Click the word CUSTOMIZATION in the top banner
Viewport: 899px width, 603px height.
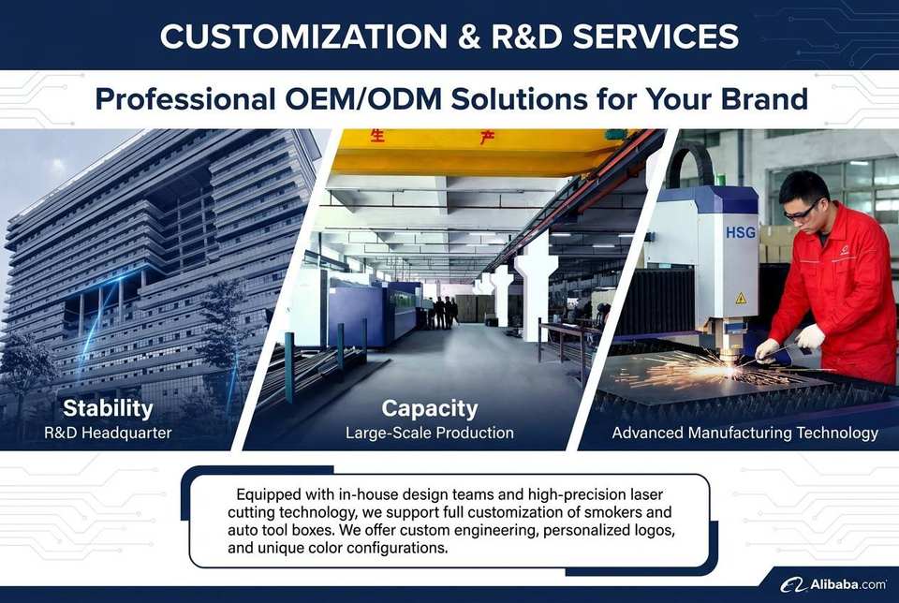click(x=303, y=37)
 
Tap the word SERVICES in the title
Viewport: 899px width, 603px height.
click(x=656, y=37)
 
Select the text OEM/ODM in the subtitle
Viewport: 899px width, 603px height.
click(x=363, y=98)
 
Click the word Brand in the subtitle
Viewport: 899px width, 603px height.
click(x=764, y=98)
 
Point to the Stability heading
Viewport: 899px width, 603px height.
click(x=108, y=408)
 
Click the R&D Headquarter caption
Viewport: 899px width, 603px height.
click(x=108, y=433)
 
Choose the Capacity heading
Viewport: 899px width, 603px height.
click(x=430, y=409)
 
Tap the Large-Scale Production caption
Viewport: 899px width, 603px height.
click(x=430, y=433)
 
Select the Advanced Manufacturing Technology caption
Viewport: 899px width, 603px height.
click(x=744, y=433)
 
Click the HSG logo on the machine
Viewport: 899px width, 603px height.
click(x=741, y=233)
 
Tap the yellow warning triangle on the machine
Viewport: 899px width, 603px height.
click(x=741, y=298)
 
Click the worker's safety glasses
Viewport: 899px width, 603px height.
click(x=802, y=212)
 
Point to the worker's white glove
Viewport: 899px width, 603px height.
click(x=809, y=337)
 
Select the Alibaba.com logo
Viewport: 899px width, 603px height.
click(x=833, y=584)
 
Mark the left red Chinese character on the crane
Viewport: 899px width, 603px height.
click(x=376, y=137)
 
